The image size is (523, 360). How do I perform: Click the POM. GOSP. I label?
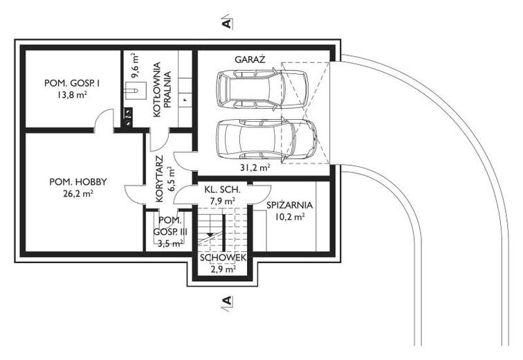[72, 83]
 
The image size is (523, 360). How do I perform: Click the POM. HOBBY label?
[77, 182]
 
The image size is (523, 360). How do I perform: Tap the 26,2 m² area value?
[77, 195]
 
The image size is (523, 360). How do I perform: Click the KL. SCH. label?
[221, 189]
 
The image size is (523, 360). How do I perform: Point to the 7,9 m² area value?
[221, 201]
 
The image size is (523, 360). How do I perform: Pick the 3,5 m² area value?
[169, 243]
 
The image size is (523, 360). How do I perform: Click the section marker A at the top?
[226, 23]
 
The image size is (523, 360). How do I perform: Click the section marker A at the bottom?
[226, 300]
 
